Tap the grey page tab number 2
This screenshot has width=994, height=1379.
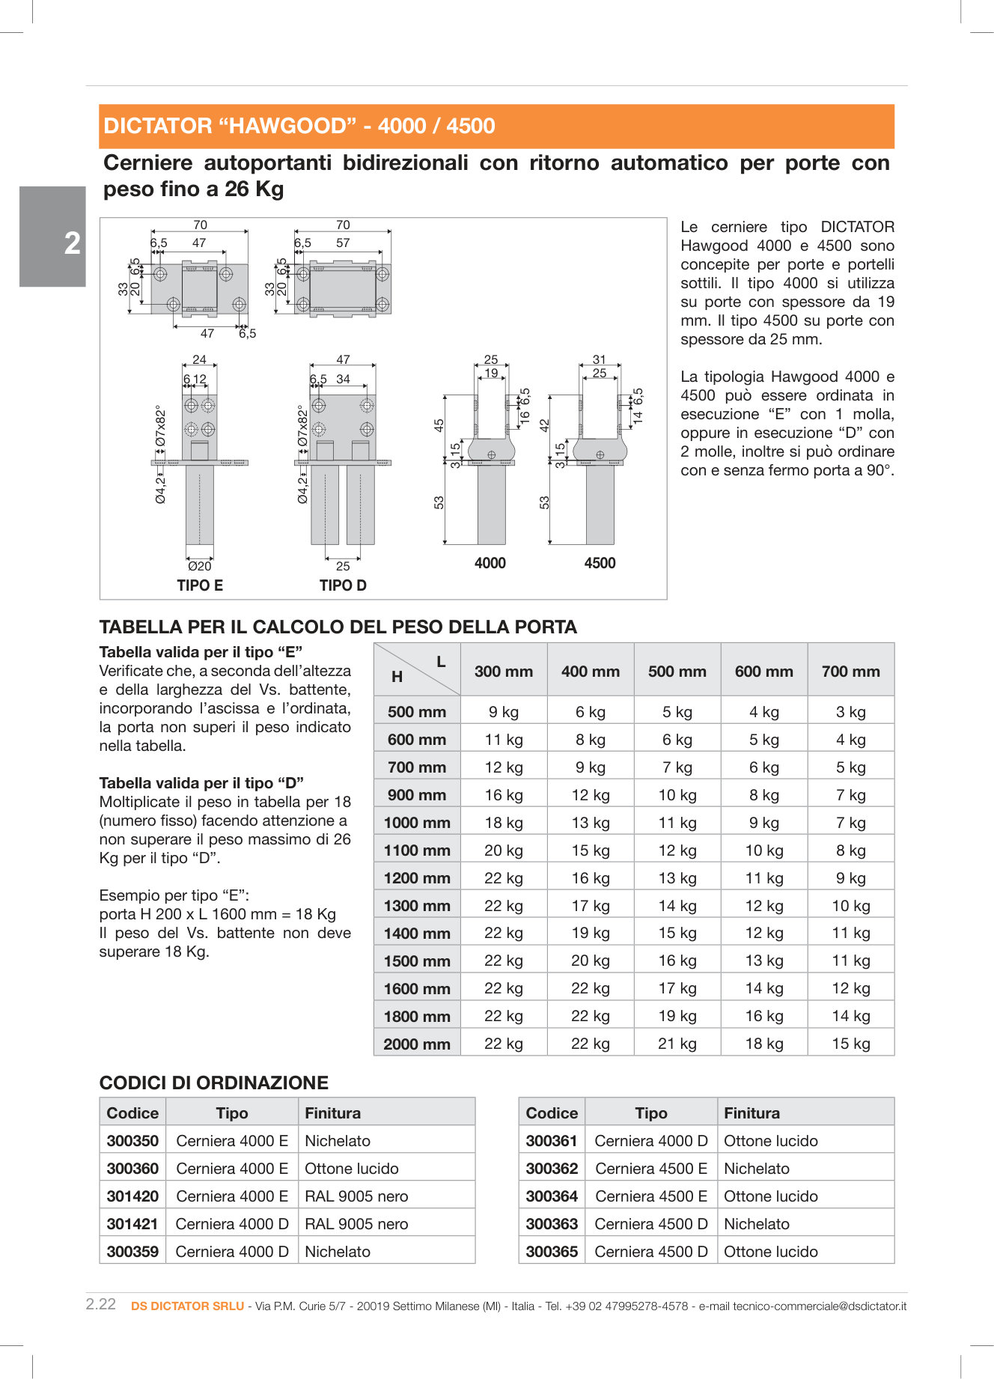(x=72, y=243)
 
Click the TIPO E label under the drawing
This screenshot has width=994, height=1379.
(x=200, y=585)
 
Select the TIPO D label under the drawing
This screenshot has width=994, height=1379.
(x=343, y=585)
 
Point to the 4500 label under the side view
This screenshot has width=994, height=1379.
(x=600, y=563)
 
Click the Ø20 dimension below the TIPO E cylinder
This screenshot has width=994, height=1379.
(x=200, y=566)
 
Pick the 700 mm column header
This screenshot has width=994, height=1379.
(x=850, y=672)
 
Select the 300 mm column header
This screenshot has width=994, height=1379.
(x=504, y=672)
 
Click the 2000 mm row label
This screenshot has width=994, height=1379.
(x=417, y=1044)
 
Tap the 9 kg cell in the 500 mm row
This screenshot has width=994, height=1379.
(x=504, y=712)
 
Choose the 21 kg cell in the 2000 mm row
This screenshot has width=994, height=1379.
(x=677, y=1044)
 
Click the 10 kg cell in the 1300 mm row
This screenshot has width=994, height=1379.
(x=850, y=906)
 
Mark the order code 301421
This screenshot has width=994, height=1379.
(x=132, y=1224)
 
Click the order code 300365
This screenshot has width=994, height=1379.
(x=552, y=1252)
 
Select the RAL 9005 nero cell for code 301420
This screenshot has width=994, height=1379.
(x=356, y=1196)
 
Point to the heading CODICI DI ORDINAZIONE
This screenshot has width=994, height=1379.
(x=214, y=1083)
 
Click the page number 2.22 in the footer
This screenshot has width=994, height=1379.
(x=101, y=1304)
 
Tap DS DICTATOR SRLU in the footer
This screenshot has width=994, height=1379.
(x=188, y=1306)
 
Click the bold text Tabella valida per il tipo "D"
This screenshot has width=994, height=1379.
(x=201, y=783)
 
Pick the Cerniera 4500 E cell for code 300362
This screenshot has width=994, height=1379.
(x=651, y=1169)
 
